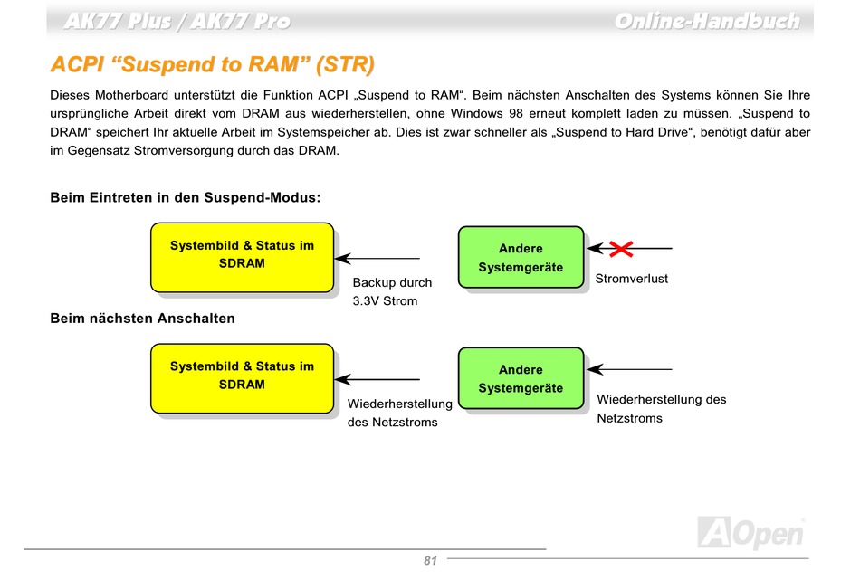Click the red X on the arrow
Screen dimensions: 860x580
[x=621, y=249]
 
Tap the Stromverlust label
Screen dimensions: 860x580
[x=631, y=279]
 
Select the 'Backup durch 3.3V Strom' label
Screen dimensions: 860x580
[x=392, y=291]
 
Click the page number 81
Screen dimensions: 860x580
[x=430, y=560]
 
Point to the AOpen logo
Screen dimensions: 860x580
[x=751, y=532]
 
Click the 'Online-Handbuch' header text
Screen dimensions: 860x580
[x=707, y=22]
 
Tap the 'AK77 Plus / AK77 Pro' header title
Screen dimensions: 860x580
[x=177, y=22]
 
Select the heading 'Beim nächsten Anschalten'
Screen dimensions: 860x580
[x=142, y=319]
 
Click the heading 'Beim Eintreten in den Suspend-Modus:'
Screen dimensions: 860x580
[x=185, y=197]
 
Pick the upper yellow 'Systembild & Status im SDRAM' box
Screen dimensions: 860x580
[x=242, y=257]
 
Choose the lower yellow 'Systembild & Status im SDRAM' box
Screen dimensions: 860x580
[x=242, y=378]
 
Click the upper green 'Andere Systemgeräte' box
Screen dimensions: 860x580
[x=521, y=257]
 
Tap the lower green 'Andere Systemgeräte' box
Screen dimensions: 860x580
[x=521, y=378]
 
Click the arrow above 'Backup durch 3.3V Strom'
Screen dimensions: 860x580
[x=377, y=258]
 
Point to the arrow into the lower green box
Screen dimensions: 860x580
[x=630, y=369]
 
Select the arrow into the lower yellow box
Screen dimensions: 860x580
[x=377, y=379]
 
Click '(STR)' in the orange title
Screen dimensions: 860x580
[x=345, y=64]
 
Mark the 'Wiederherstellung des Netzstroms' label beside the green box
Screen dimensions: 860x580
[x=662, y=409]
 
